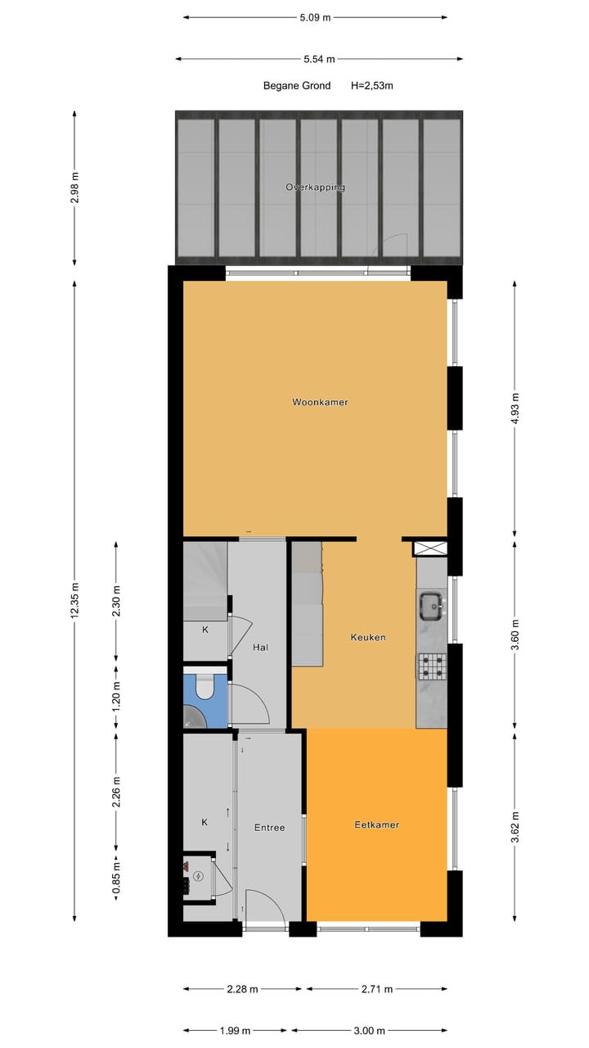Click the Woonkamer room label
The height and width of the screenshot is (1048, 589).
coord(321,402)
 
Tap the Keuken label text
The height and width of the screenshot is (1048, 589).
coord(367,637)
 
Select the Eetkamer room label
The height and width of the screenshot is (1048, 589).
coord(376,824)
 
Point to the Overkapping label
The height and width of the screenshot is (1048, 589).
coord(315,187)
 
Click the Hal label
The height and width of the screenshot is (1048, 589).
coord(260,647)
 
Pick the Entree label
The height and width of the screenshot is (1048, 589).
coord(269,828)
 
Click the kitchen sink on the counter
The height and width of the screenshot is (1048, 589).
coord(431,606)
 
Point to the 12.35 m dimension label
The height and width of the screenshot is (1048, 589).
coord(74,602)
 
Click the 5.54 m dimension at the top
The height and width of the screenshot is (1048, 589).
coord(318,59)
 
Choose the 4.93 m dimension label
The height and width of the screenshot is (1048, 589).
coord(515,406)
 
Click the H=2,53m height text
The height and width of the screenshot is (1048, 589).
coord(372,85)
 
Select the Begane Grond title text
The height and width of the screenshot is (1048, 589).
coord(296,85)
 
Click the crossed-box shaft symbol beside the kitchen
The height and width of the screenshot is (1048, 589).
coord(431,549)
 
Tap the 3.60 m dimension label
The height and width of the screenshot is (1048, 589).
coord(515,635)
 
